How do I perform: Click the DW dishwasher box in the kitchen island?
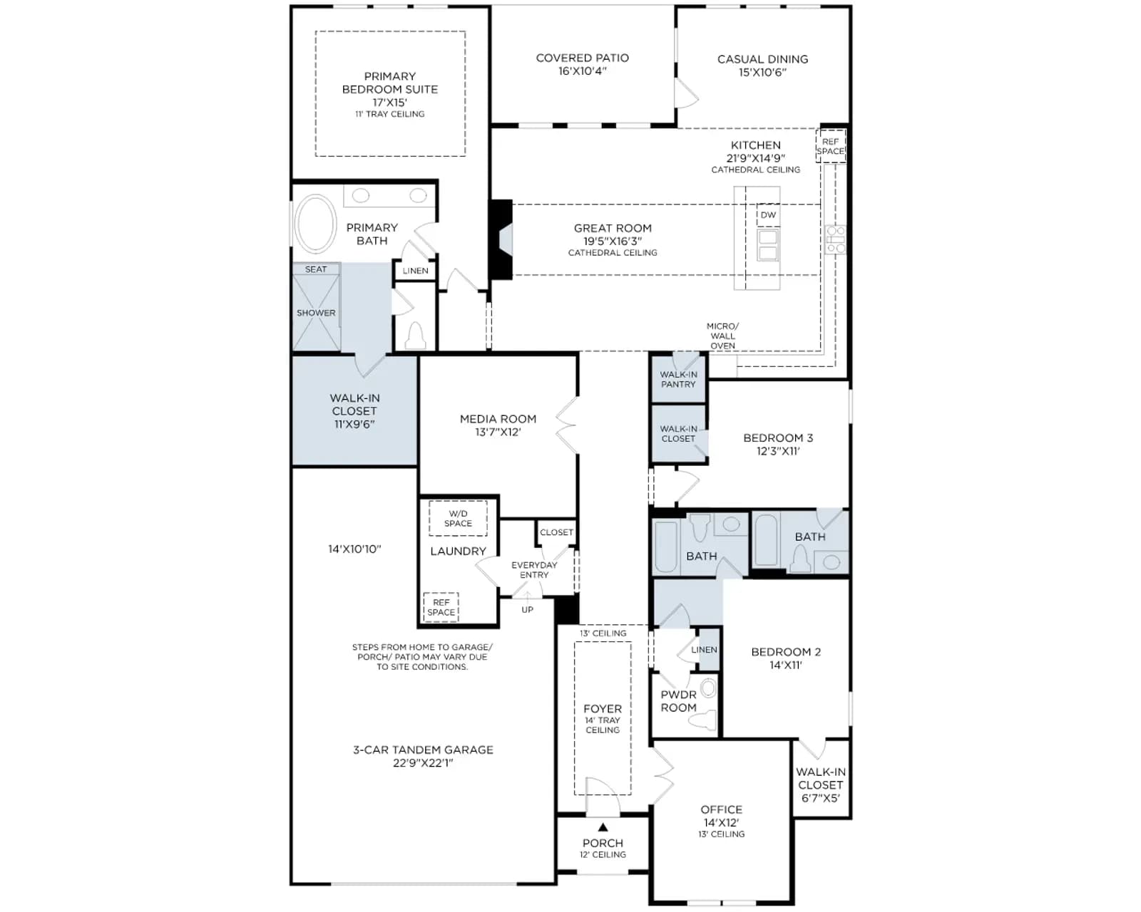point(768,215)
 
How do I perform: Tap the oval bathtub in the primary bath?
point(315,224)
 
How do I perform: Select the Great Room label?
point(613,229)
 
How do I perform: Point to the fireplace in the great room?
point(501,239)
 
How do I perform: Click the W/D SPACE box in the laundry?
point(458,518)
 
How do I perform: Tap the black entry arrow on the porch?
point(603,827)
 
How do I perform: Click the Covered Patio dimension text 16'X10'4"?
point(582,71)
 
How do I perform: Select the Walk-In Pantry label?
point(678,380)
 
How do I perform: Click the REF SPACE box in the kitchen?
point(830,146)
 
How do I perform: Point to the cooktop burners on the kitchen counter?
point(835,239)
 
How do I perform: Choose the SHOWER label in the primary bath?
point(316,313)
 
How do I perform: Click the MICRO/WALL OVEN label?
point(722,336)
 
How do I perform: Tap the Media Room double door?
point(567,425)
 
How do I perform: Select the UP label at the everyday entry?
point(527,610)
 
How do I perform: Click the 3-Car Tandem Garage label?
point(423,750)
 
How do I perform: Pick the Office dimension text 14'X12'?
point(721,822)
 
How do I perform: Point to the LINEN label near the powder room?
point(704,650)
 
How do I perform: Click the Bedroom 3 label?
point(778,437)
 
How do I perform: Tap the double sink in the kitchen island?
point(768,245)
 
